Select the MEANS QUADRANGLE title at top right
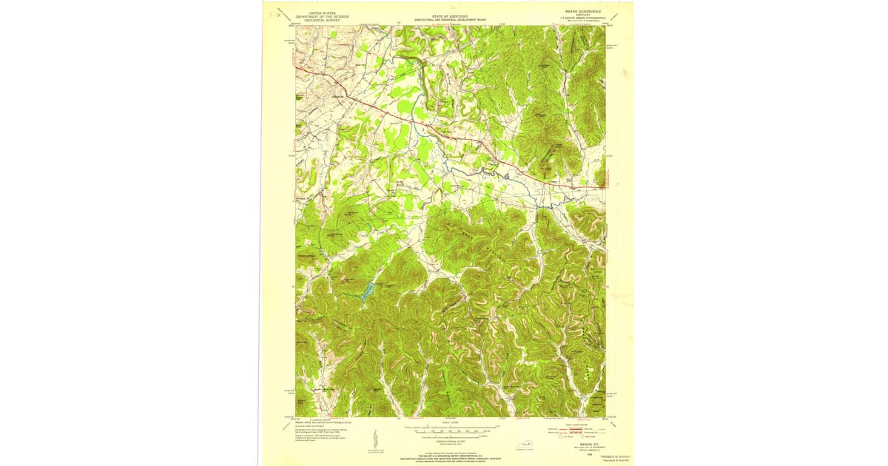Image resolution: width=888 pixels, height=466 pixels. (x=582, y=13)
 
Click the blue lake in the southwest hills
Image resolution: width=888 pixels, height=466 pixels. (x=366, y=291)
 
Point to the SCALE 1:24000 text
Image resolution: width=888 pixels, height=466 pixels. (x=450, y=422)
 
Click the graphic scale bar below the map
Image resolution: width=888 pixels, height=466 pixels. (x=450, y=428)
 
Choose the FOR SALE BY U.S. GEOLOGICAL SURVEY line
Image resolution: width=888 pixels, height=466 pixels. (x=450, y=451)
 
